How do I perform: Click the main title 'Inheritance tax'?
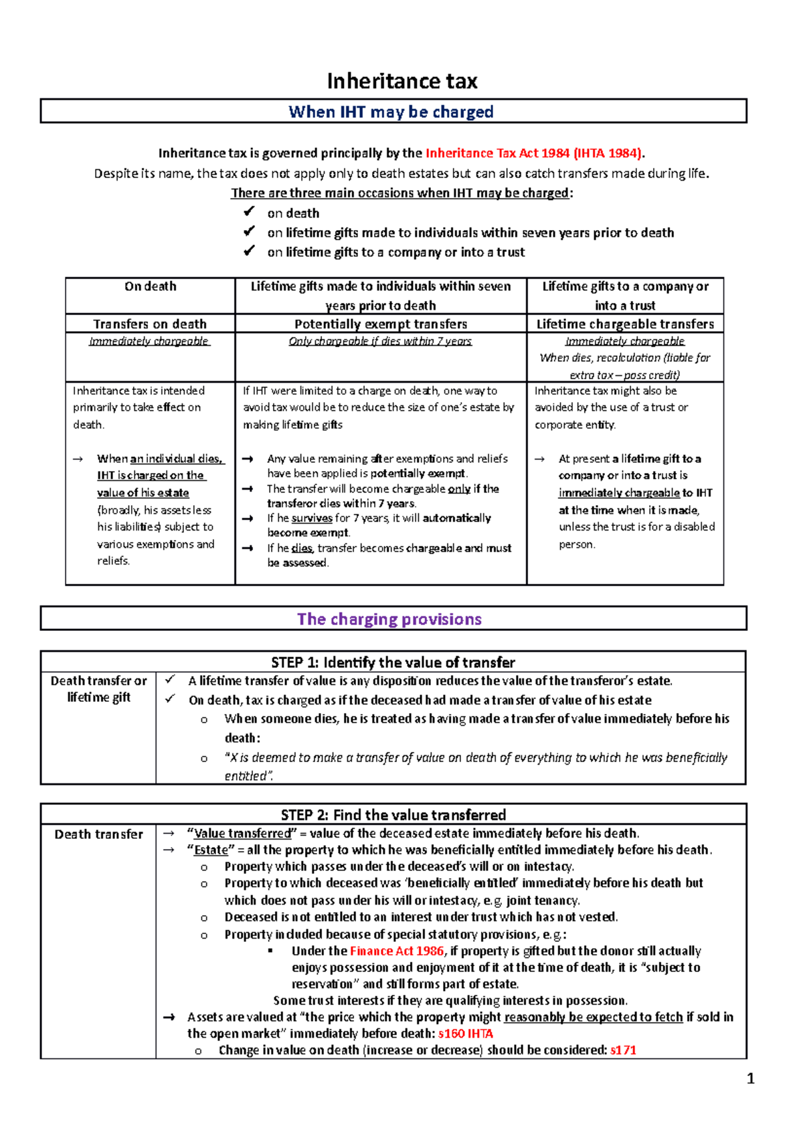(401, 82)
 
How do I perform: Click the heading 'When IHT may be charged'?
(391, 112)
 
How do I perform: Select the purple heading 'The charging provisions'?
(389, 619)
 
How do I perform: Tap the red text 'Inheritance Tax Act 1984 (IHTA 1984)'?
(534, 153)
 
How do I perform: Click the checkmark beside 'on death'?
(249, 212)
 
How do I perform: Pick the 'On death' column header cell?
(151, 286)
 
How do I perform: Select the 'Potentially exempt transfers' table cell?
(381, 324)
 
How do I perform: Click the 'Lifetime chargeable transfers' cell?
(625, 324)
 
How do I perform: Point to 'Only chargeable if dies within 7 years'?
(380, 341)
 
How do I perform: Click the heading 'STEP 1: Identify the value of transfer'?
(393, 662)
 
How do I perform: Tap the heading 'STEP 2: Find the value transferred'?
(393, 815)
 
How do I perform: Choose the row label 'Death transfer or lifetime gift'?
(98, 689)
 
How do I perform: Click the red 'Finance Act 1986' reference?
(397, 951)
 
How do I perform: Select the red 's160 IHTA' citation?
(466, 1034)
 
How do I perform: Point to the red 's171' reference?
(623, 1050)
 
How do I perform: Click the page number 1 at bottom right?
(750, 1078)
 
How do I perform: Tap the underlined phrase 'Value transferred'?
(242, 834)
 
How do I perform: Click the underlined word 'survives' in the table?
(312, 518)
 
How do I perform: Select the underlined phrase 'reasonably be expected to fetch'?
(593, 1017)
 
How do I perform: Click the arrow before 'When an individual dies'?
(78, 459)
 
